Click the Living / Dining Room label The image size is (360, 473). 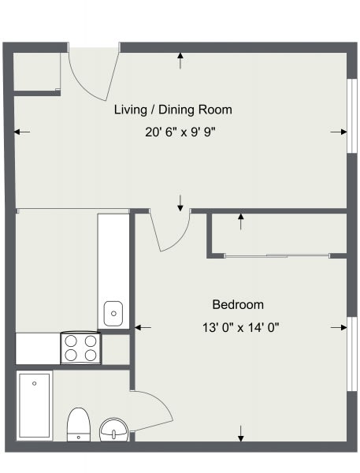point(173,110)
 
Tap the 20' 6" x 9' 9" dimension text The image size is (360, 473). point(180,132)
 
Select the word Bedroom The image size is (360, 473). point(238,304)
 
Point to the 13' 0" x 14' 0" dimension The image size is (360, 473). point(240,327)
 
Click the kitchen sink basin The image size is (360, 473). point(113,314)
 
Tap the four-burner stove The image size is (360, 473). point(81,348)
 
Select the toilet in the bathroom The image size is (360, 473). point(79,424)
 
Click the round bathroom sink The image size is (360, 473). point(114,430)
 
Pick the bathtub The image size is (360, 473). point(35,405)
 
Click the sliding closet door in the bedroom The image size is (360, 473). point(277,256)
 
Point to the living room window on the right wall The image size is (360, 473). point(351,116)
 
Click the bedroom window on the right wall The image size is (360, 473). point(352,354)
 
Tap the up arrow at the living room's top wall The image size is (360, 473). point(180,61)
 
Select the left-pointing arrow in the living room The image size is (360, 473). point(22,132)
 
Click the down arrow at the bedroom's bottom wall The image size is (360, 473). point(240,434)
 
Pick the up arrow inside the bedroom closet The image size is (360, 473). point(240,222)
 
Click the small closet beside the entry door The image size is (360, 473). point(37,72)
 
